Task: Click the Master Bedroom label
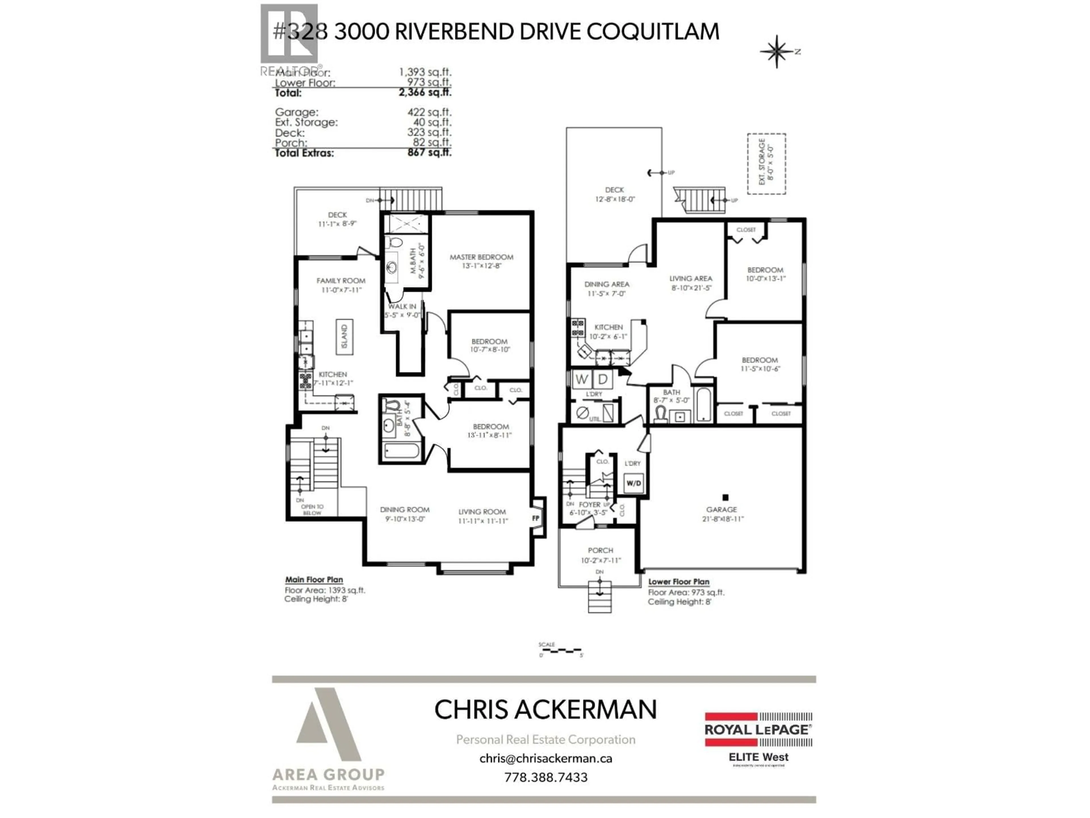(x=481, y=257)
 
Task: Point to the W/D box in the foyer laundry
(x=633, y=483)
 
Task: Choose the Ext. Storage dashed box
(x=766, y=164)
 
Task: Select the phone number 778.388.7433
(x=546, y=777)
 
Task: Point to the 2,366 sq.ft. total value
(x=425, y=92)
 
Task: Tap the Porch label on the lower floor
(x=600, y=550)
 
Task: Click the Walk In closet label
(x=402, y=306)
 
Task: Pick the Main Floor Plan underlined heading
(x=314, y=580)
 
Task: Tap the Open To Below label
(x=312, y=509)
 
